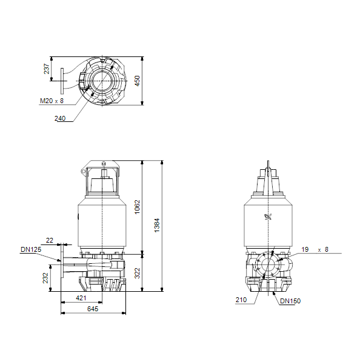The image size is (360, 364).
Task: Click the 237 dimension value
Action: pyautogui.click(x=47, y=69)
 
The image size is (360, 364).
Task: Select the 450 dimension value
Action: pyautogui.click(x=138, y=81)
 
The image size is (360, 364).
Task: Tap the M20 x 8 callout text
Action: pyautogui.click(x=52, y=101)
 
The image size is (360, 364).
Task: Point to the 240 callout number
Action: pyautogui.click(x=60, y=118)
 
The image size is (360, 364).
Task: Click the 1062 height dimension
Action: pyautogui.click(x=138, y=207)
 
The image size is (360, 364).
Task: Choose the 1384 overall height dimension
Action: pyautogui.click(x=157, y=225)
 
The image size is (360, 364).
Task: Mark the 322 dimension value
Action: pyautogui.click(x=138, y=273)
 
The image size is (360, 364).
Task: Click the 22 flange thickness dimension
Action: pyautogui.click(x=50, y=240)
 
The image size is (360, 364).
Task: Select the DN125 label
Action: pyautogui.click(x=31, y=249)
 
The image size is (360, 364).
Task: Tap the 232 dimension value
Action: pyautogui.click(x=45, y=278)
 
